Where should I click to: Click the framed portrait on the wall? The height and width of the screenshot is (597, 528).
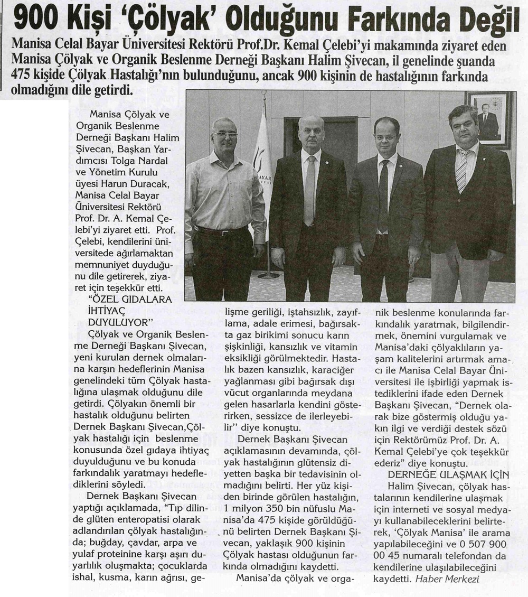pyautogui.click(x=488, y=119)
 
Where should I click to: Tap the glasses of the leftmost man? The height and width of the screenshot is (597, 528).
pyautogui.click(x=225, y=136)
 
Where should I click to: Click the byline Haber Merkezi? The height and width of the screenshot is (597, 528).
pyautogui.click(x=448, y=579)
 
